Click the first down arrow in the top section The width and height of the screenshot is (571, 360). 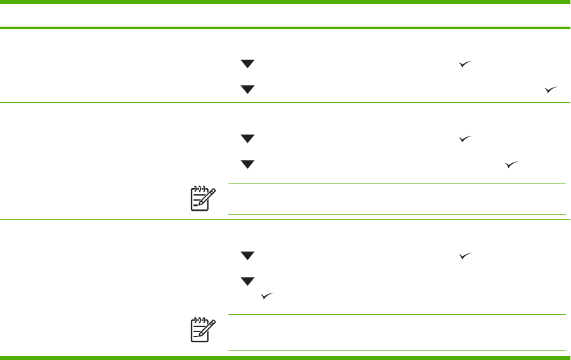[247, 64]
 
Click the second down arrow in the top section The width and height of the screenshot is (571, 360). [247, 90]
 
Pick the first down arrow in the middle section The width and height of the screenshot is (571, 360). [247, 138]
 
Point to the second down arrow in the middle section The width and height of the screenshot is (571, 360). [247, 164]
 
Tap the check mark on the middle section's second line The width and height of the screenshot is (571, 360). [512, 164]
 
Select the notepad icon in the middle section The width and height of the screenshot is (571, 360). [202, 199]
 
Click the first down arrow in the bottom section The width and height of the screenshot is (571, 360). [247, 255]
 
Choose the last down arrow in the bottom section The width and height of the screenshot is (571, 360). [247, 281]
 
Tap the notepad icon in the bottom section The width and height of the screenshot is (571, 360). [202, 330]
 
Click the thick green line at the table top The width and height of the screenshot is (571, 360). [285, 28]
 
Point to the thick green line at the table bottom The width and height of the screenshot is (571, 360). [285, 357]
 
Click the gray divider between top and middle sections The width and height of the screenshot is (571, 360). [285, 102]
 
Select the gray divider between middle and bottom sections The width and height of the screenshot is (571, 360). [285, 220]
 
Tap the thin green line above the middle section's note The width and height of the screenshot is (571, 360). [397, 183]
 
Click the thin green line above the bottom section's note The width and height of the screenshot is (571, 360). [397, 315]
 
